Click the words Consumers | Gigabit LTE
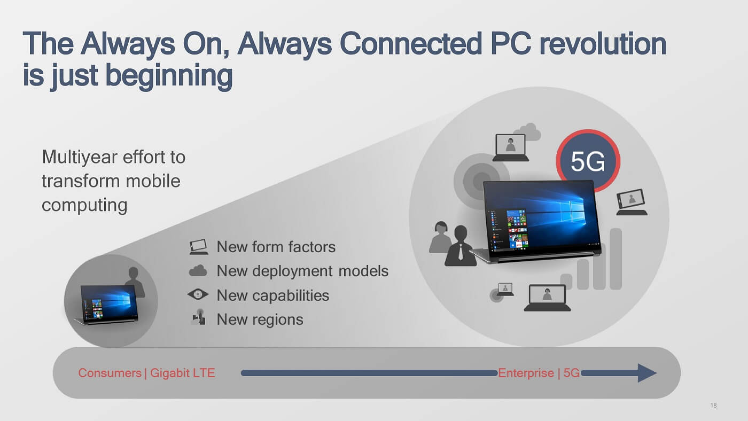coord(146,373)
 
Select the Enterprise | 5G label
coord(539,373)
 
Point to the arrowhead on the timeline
coord(646,373)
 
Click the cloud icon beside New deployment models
coord(198,271)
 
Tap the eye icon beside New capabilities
coord(198,295)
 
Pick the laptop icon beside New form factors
coord(198,247)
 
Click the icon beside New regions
coord(198,318)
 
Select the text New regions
coord(260,319)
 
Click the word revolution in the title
coord(603,44)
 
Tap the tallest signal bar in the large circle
coord(615,259)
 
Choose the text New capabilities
coord(272,295)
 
